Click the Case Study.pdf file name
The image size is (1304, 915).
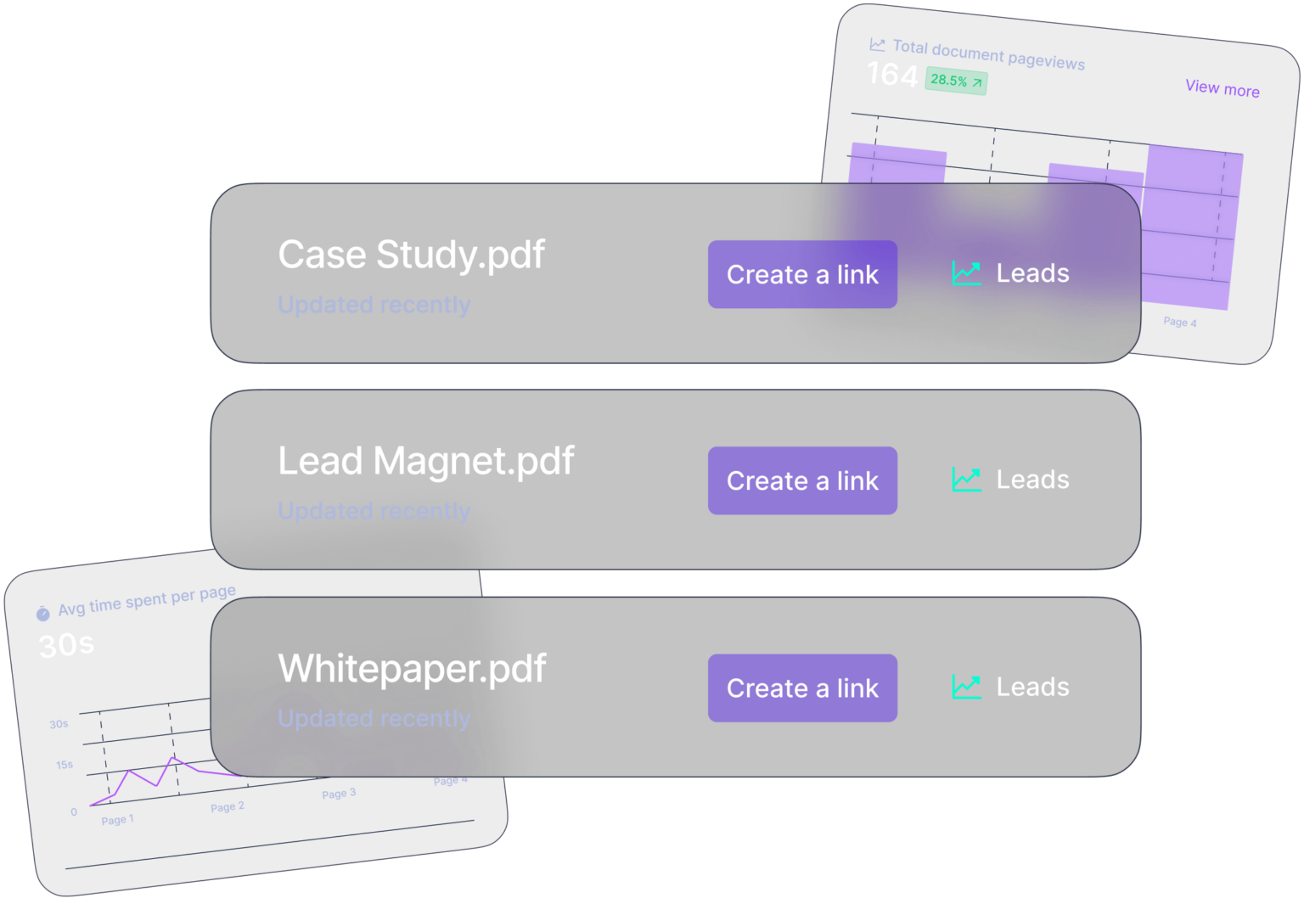click(411, 255)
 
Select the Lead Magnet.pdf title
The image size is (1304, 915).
click(425, 462)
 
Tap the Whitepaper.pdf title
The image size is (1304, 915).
click(412, 669)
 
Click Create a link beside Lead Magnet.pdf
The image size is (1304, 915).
click(802, 480)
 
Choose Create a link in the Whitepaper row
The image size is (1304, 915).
click(802, 688)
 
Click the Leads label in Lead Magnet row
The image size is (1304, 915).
click(1032, 480)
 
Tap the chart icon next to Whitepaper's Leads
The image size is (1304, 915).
click(966, 687)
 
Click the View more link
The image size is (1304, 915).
click(1222, 88)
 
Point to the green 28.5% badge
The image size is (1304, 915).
click(955, 81)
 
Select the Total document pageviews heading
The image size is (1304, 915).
click(988, 54)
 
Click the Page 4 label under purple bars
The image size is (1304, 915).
click(1179, 322)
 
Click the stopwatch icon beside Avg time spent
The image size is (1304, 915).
click(43, 613)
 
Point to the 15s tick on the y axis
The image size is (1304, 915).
click(65, 765)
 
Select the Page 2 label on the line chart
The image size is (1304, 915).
click(227, 806)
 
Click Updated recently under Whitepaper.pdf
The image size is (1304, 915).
click(374, 718)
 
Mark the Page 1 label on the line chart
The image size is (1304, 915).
click(117, 820)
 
